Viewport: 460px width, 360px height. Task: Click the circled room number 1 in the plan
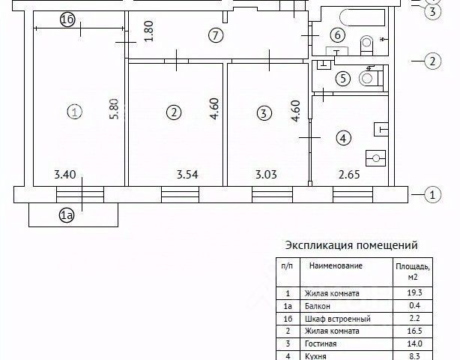(x=73, y=112)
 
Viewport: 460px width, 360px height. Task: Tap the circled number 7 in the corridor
(x=215, y=34)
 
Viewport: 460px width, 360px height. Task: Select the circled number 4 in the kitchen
(x=342, y=138)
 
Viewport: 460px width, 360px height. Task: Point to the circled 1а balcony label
(x=67, y=216)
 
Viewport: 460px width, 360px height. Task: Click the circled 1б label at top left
(x=66, y=20)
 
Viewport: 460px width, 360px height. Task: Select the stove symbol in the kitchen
(x=374, y=157)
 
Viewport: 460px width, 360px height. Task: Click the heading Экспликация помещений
(x=351, y=245)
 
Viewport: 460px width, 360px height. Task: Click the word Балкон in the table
(x=318, y=306)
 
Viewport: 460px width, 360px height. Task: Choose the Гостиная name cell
(x=321, y=343)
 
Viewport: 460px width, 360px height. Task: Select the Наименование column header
(x=336, y=266)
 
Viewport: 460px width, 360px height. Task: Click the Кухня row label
(x=318, y=355)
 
